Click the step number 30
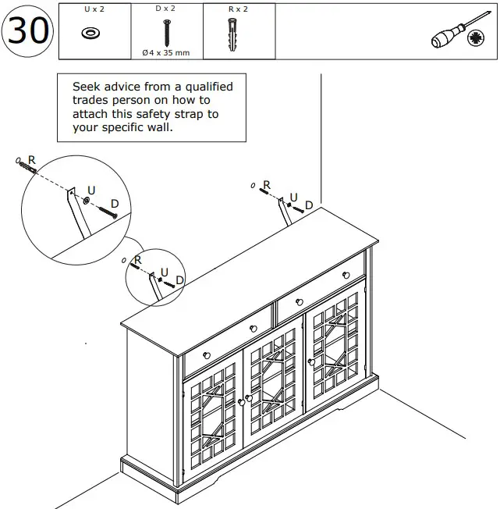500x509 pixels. pos(28,30)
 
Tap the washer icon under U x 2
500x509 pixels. pos(94,33)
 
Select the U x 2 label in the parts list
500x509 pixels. pos(94,9)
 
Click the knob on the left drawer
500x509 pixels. pos(207,356)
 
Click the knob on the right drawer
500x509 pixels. pos(299,302)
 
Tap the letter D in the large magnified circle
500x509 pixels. pos(115,205)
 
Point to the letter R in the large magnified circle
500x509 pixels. pos(32,159)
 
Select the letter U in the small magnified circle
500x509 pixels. pos(164,272)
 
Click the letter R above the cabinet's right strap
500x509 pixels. pos(266,186)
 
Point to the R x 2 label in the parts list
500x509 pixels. pos(239,9)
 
